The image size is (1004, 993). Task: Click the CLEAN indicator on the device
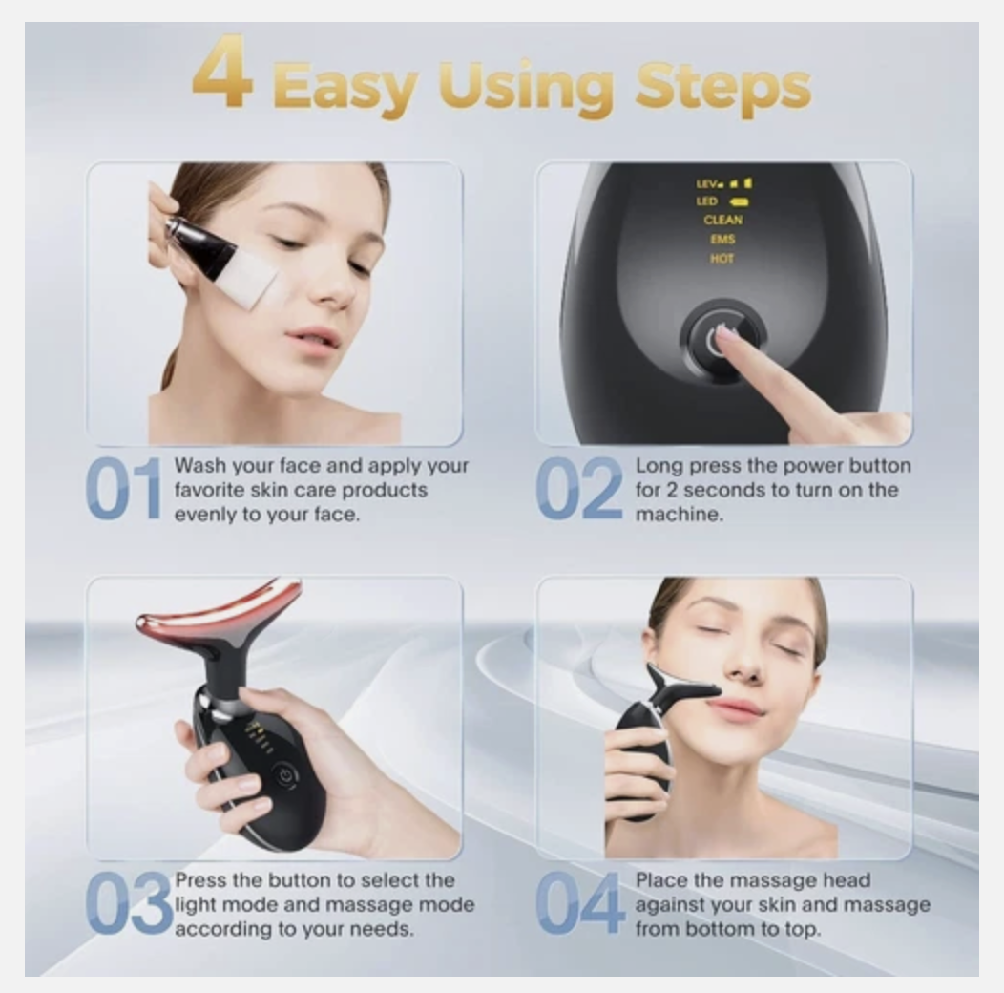722,220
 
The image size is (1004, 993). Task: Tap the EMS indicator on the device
722,240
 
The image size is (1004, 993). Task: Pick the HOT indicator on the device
722,259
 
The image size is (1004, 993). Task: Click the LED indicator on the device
707,201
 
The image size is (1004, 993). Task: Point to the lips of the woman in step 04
736,709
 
